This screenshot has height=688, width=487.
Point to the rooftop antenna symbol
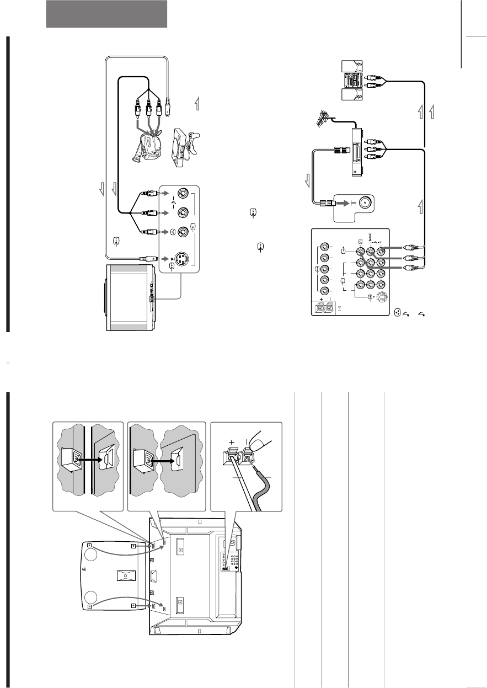pos(323,120)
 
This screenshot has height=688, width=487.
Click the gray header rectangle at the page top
pos(106,14)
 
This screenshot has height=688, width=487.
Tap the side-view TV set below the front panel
pos(131,298)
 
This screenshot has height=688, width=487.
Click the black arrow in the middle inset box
pos(160,458)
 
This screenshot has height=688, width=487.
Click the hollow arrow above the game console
pos(196,103)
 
